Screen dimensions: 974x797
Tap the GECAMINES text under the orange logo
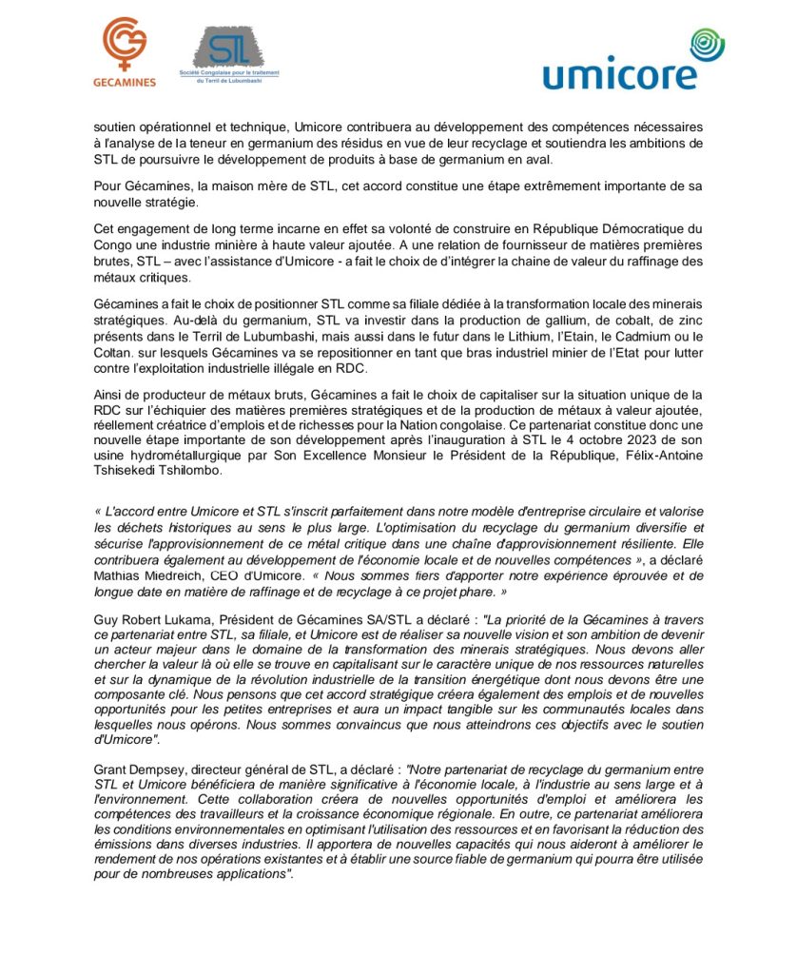click(125, 83)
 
